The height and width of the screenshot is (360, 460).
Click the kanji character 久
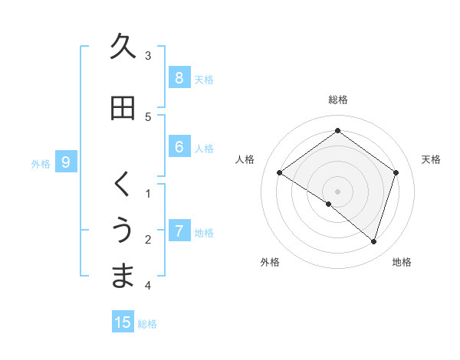(123, 47)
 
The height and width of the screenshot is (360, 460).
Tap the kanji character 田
(123, 108)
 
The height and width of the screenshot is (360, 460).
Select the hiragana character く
(123, 185)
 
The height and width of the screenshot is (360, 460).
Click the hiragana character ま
(123, 276)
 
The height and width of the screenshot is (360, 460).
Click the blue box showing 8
(179, 77)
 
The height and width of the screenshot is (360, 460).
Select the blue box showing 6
(179, 147)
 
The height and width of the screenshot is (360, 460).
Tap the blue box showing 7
(179, 231)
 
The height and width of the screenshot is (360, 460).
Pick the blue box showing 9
(66, 162)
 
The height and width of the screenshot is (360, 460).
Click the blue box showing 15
(123, 322)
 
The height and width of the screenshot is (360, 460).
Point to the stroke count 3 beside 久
(148, 56)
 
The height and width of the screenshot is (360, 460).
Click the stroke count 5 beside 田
(148, 117)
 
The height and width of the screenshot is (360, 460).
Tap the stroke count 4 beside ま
(148, 286)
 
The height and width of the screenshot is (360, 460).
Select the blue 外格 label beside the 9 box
(41, 163)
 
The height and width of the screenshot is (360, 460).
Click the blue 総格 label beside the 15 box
(147, 324)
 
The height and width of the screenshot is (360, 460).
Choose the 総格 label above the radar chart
(337, 100)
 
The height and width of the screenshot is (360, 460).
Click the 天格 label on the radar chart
(432, 159)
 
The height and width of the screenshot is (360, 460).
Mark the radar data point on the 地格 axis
(373, 241)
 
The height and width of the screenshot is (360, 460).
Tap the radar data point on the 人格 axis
(280, 173)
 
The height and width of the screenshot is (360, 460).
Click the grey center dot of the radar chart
(337, 191)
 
